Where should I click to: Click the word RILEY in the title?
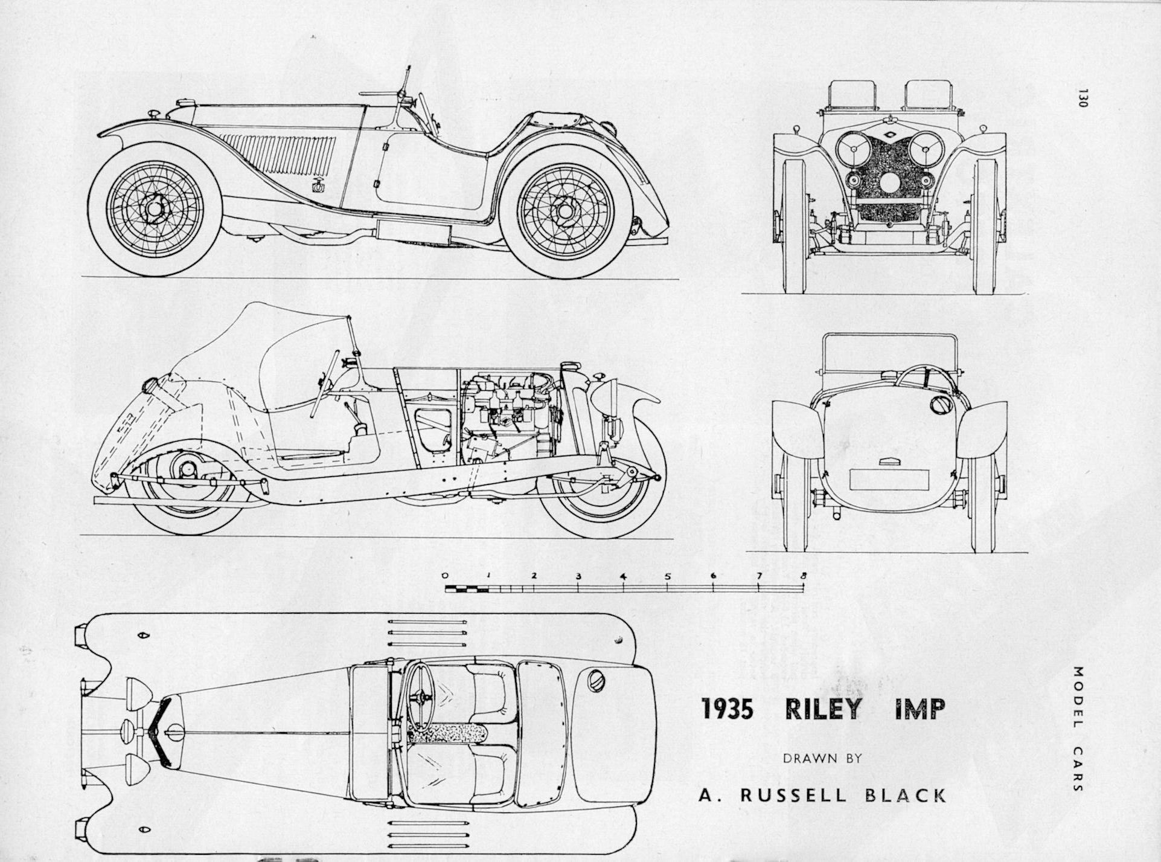[823, 709]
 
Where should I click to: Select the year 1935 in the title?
[728, 709]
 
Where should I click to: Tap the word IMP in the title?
[920, 709]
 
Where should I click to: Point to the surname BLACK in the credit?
[906, 795]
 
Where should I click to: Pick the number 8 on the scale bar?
[803, 575]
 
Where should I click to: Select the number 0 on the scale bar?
[445, 575]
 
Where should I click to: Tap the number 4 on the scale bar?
[623, 575]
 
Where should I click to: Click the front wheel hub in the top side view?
[155, 209]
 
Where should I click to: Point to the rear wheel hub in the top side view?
[565, 211]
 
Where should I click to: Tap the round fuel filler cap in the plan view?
[595, 679]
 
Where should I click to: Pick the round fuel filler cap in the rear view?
[939, 404]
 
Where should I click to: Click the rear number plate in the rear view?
[889, 479]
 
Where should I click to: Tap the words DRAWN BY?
[822, 759]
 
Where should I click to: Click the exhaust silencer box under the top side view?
[414, 231]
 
